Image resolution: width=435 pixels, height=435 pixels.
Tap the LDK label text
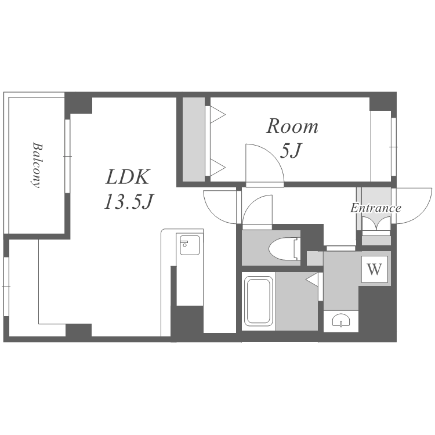click(x=128, y=177)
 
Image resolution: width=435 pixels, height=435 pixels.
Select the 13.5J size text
click(x=129, y=201)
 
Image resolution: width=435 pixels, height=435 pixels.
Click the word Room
click(x=292, y=126)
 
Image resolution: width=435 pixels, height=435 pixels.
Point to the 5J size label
click(x=291, y=150)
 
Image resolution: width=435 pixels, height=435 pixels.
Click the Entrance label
click(x=376, y=208)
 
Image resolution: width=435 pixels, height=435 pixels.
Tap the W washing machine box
click(x=375, y=269)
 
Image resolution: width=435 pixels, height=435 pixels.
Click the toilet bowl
click(x=285, y=248)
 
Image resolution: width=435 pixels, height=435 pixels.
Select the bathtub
click(x=258, y=301)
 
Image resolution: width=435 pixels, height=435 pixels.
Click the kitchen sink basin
click(x=190, y=245)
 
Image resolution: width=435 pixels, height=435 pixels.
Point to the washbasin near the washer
click(x=341, y=320)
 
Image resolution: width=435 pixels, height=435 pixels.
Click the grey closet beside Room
click(x=194, y=140)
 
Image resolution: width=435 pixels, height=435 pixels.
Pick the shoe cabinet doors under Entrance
click(x=376, y=224)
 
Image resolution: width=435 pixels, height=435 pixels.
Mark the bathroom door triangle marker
click(x=312, y=279)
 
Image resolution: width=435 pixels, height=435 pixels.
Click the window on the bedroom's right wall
click(x=393, y=147)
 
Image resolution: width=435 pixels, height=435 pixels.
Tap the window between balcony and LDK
click(x=67, y=156)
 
